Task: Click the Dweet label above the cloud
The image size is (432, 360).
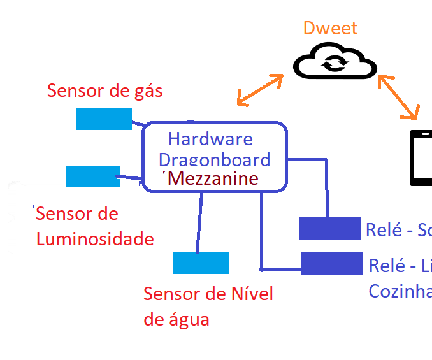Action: click(330, 28)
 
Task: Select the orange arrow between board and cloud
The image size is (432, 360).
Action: click(260, 90)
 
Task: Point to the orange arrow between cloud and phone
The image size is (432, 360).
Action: click(398, 97)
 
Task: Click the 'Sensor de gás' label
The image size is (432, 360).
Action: click(105, 90)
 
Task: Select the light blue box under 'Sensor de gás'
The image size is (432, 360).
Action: click(104, 119)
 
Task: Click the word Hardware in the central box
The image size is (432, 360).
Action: click(210, 139)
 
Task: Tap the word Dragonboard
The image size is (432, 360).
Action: click(214, 159)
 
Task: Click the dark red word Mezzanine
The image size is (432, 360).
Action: click(214, 178)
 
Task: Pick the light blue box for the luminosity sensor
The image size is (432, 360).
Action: click(93, 176)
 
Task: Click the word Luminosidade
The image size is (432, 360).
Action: click(95, 239)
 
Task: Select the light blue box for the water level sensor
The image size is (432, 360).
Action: click(200, 263)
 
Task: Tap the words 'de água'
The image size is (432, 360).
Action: click(176, 319)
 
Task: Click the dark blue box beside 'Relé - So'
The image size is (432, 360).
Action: click(330, 229)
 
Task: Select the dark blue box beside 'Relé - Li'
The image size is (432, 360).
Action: click(331, 263)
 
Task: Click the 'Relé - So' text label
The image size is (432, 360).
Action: click(398, 229)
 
